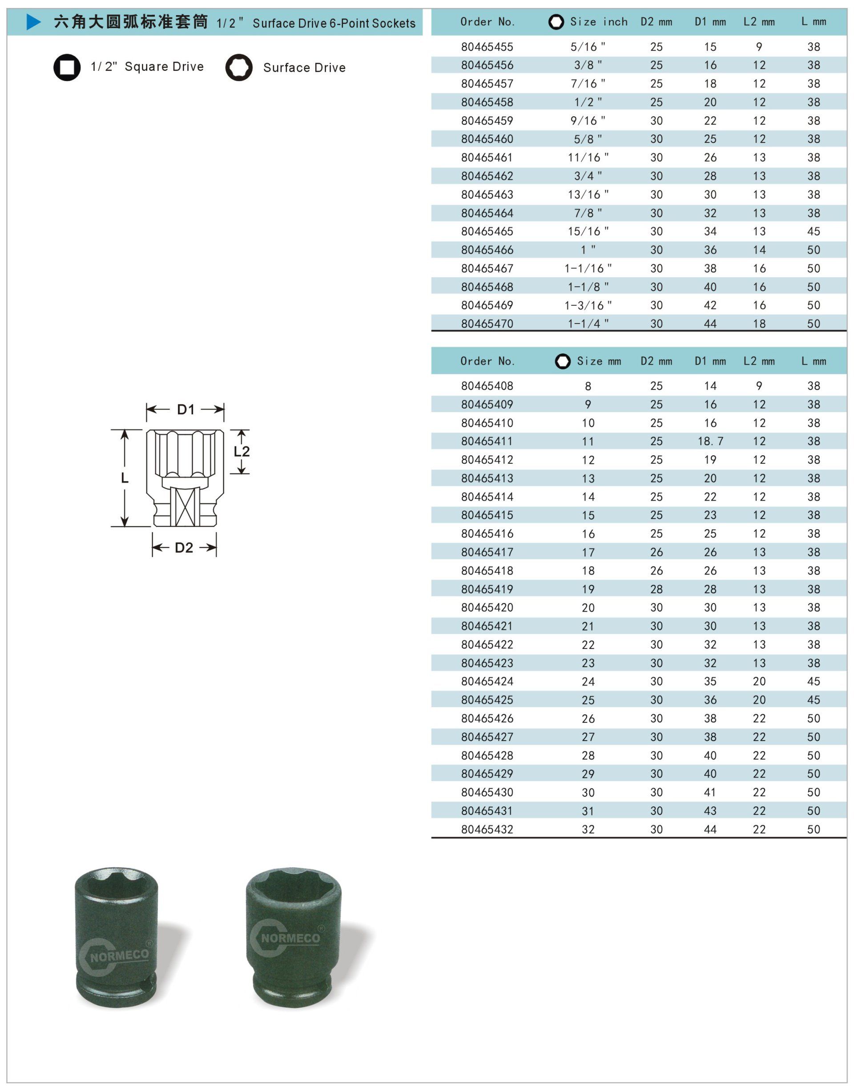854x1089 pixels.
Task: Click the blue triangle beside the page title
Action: pyautogui.click(x=33, y=22)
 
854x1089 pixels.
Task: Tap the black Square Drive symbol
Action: pyautogui.click(x=67, y=67)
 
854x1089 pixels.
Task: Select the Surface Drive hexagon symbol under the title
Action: pyautogui.click(x=238, y=68)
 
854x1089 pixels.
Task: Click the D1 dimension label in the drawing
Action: pyautogui.click(x=185, y=410)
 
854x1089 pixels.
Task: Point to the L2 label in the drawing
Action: pyautogui.click(x=242, y=451)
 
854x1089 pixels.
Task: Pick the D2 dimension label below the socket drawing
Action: pyautogui.click(x=184, y=548)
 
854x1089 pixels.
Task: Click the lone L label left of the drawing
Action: pyautogui.click(x=125, y=478)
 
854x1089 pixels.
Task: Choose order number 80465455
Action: pyautogui.click(x=487, y=47)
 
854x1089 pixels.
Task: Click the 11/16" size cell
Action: pyautogui.click(x=588, y=158)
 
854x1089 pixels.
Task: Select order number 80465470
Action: pyautogui.click(x=487, y=324)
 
